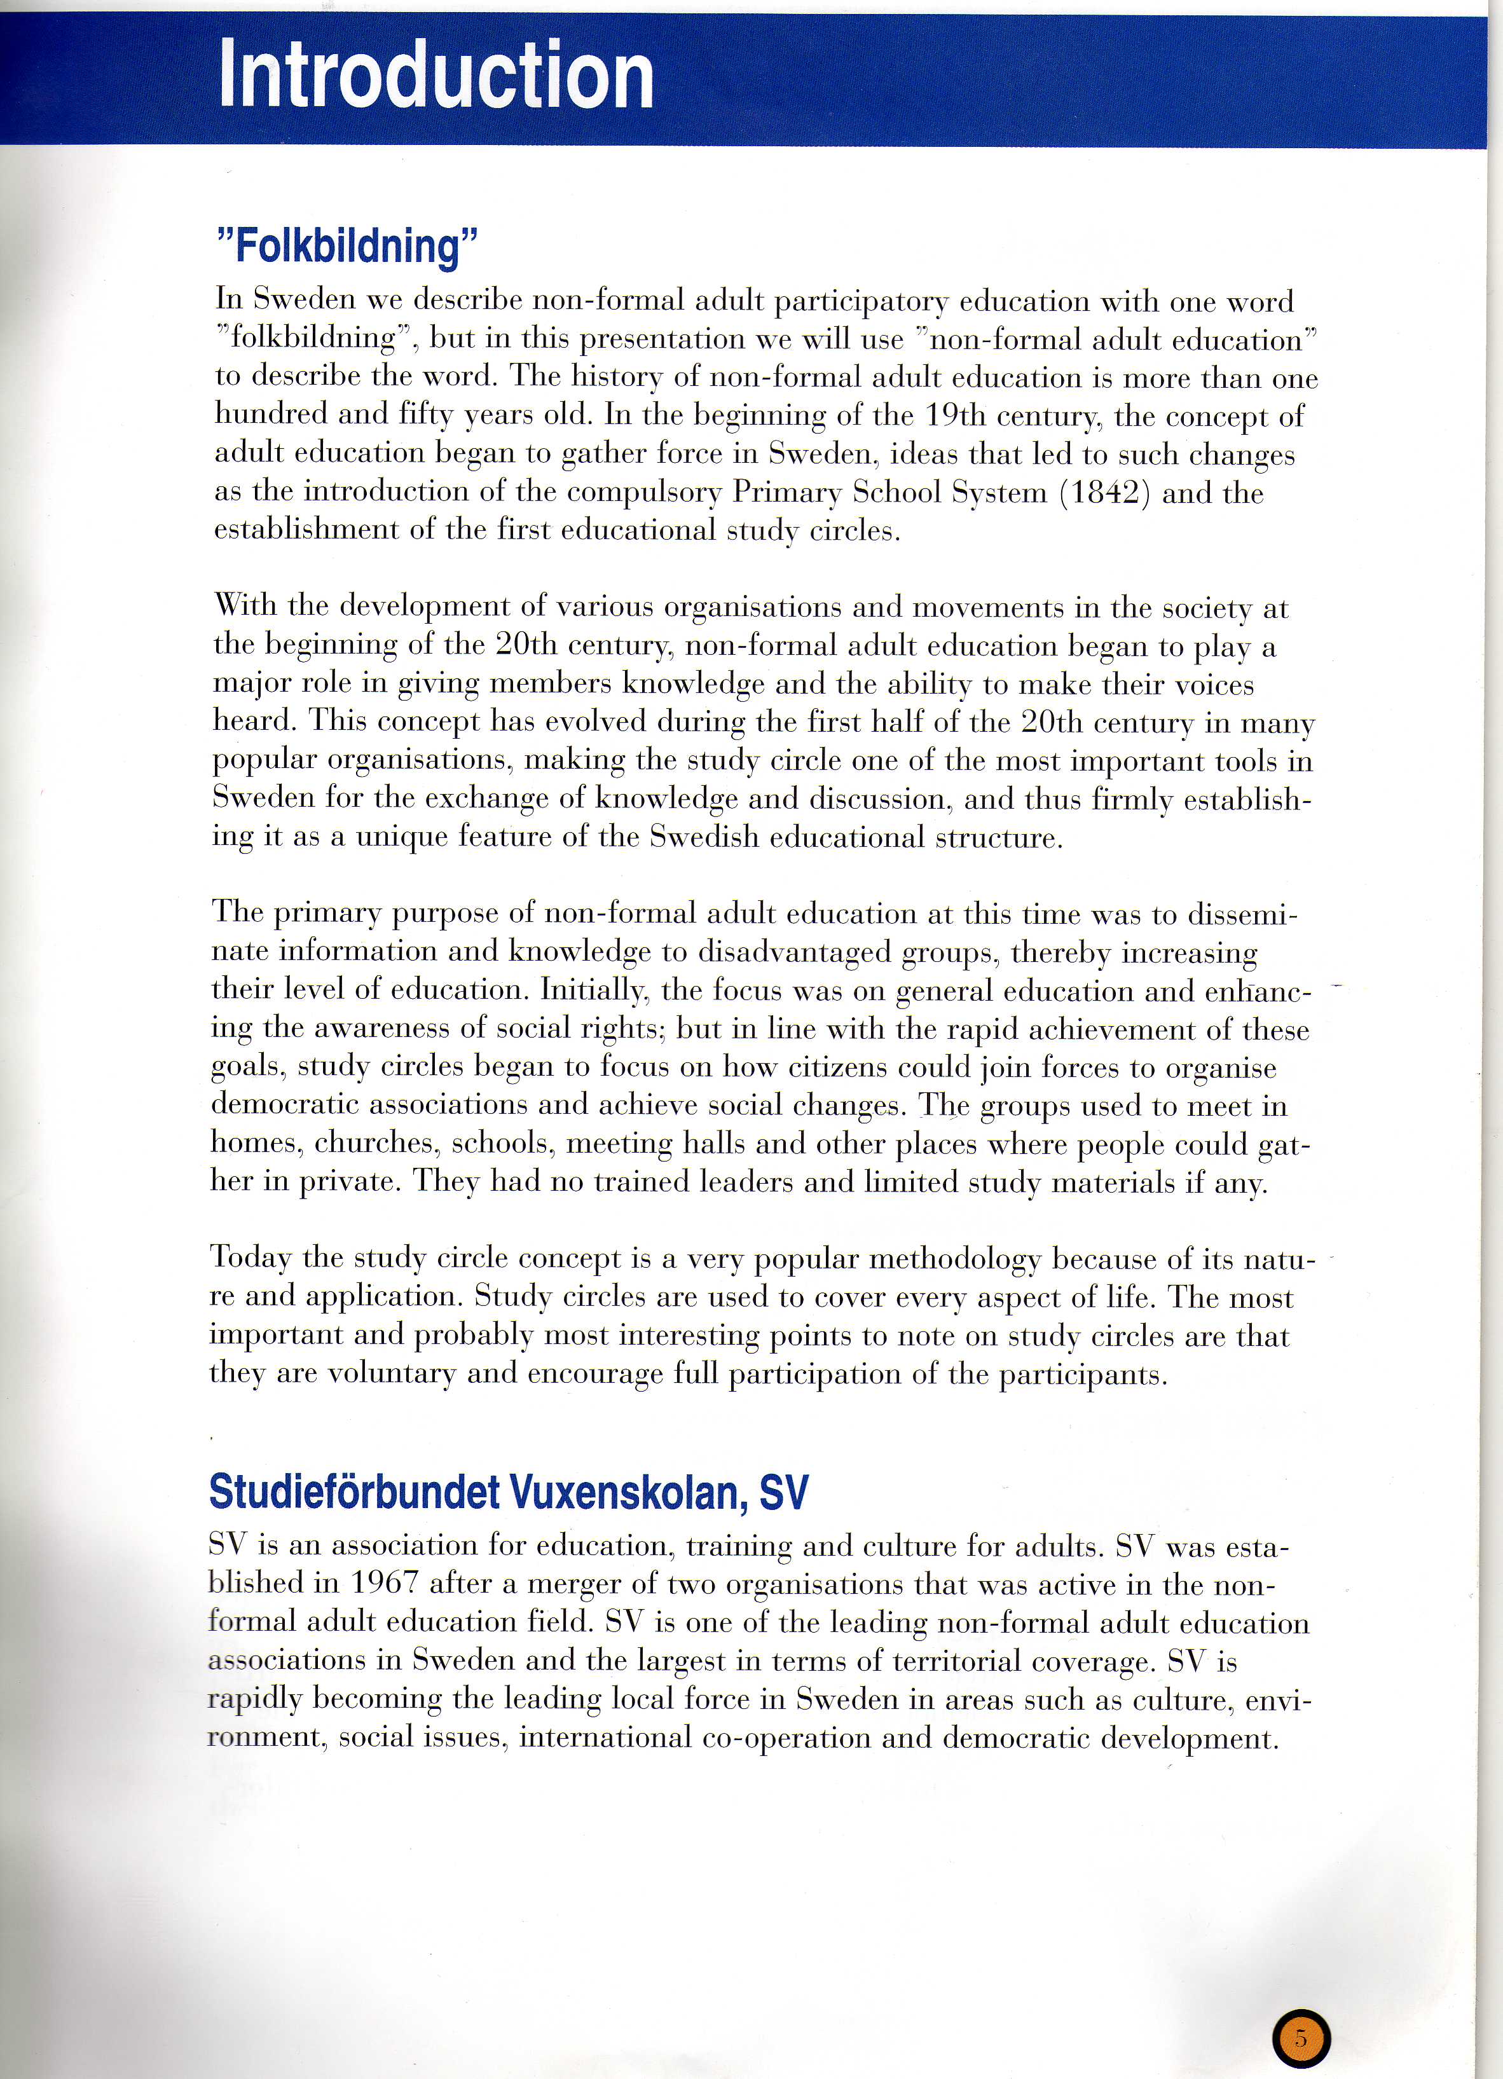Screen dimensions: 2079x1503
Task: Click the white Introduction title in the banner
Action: point(436,75)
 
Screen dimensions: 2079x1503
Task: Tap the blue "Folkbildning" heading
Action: point(347,245)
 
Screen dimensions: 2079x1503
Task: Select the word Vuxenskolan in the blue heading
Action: point(623,1492)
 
